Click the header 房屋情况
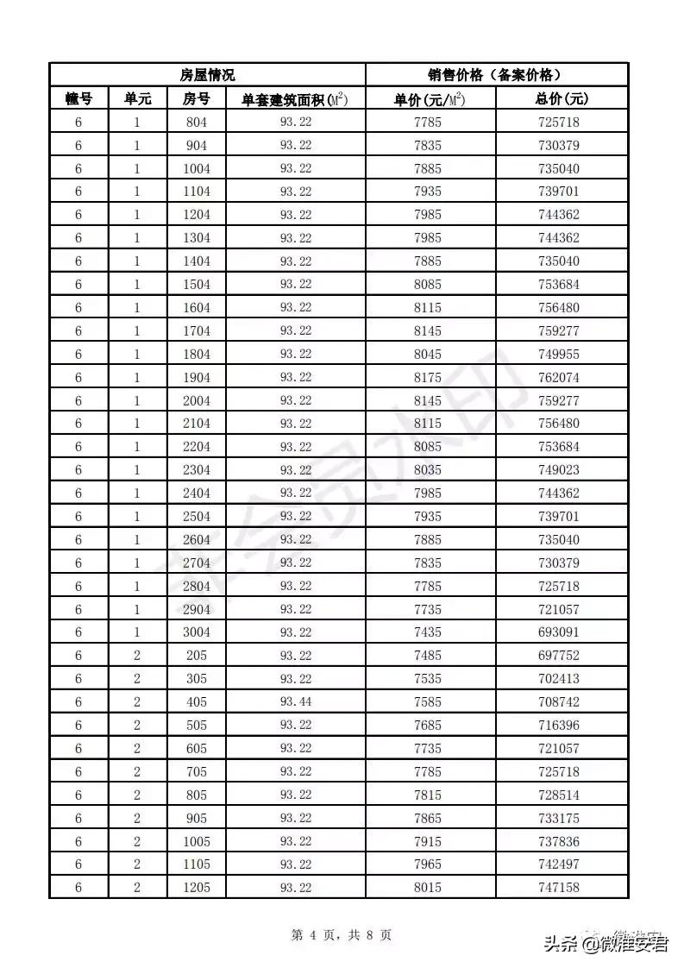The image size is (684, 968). pyautogui.click(x=207, y=75)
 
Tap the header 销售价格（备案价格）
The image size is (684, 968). pyautogui.click(x=496, y=75)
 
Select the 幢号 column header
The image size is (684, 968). pyautogui.click(x=78, y=99)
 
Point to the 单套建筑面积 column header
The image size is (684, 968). pyautogui.click(x=295, y=99)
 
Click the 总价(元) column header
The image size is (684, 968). pyautogui.click(x=562, y=99)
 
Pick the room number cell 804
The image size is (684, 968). pyautogui.click(x=197, y=123)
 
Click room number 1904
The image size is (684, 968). pyautogui.click(x=197, y=377)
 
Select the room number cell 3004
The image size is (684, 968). pyautogui.click(x=197, y=632)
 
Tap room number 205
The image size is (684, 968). pyautogui.click(x=197, y=656)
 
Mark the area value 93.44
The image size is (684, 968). pyautogui.click(x=296, y=702)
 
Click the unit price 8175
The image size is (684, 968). pyautogui.click(x=427, y=377)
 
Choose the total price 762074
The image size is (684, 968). pyautogui.click(x=559, y=377)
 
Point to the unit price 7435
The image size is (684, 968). pyautogui.click(x=427, y=632)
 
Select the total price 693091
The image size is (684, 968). pyautogui.click(x=559, y=632)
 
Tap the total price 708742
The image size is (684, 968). pyautogui.click(x=559, y=702)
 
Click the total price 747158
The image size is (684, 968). pyautogui.click(x=559, y=888)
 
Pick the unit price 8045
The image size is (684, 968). pyautogui.click(x=427, y=354)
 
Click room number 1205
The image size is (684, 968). pyautogui.click(x=197, y=888)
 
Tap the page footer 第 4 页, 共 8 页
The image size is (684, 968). pyautogui.click(x=342, y=934)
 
